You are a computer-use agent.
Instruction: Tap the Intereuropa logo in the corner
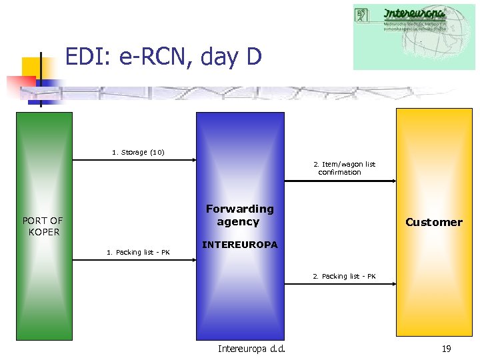click(413, 37)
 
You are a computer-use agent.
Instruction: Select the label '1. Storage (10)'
click(138, 152)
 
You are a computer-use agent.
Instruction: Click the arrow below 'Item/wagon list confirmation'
click(340, 181)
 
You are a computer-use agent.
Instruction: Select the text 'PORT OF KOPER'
click(43, 226)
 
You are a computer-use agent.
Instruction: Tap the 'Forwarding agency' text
click(239, 215)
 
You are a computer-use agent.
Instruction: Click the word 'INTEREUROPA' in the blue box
click(239, 245)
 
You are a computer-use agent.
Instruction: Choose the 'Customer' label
click(433, 222)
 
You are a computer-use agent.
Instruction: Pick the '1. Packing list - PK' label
click(138, 252)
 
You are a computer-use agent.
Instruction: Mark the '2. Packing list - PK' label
click(344, 276)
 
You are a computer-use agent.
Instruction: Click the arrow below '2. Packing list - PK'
click(340, 284)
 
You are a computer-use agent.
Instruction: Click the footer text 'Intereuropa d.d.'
click(251, 349)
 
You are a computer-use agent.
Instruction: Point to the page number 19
click(445, 349)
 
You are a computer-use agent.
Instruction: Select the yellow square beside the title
click(35, 69)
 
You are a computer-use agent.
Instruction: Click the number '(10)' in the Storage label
click(157, 152)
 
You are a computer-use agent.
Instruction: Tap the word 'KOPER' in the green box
click(44, 232)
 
